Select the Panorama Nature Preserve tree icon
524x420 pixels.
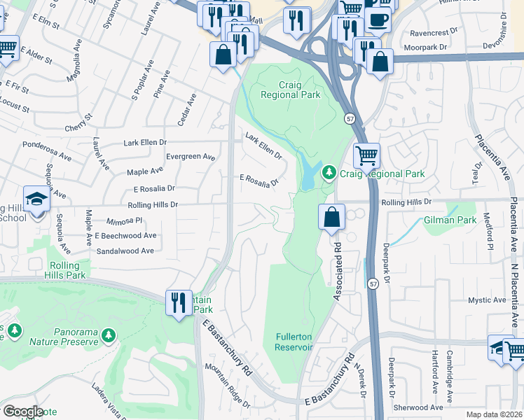coord(108,337)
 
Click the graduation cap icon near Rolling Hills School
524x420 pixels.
coord(36,199)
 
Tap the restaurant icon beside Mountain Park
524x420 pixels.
coord(178,302)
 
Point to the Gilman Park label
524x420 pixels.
coord(449,220)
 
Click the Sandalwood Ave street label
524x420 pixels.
coord(125,251)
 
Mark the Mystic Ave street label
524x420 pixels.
coord(488,300)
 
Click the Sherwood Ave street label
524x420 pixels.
coord(418,407)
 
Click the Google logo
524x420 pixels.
coord(23,412)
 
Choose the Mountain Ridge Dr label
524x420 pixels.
coord(227,385)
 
